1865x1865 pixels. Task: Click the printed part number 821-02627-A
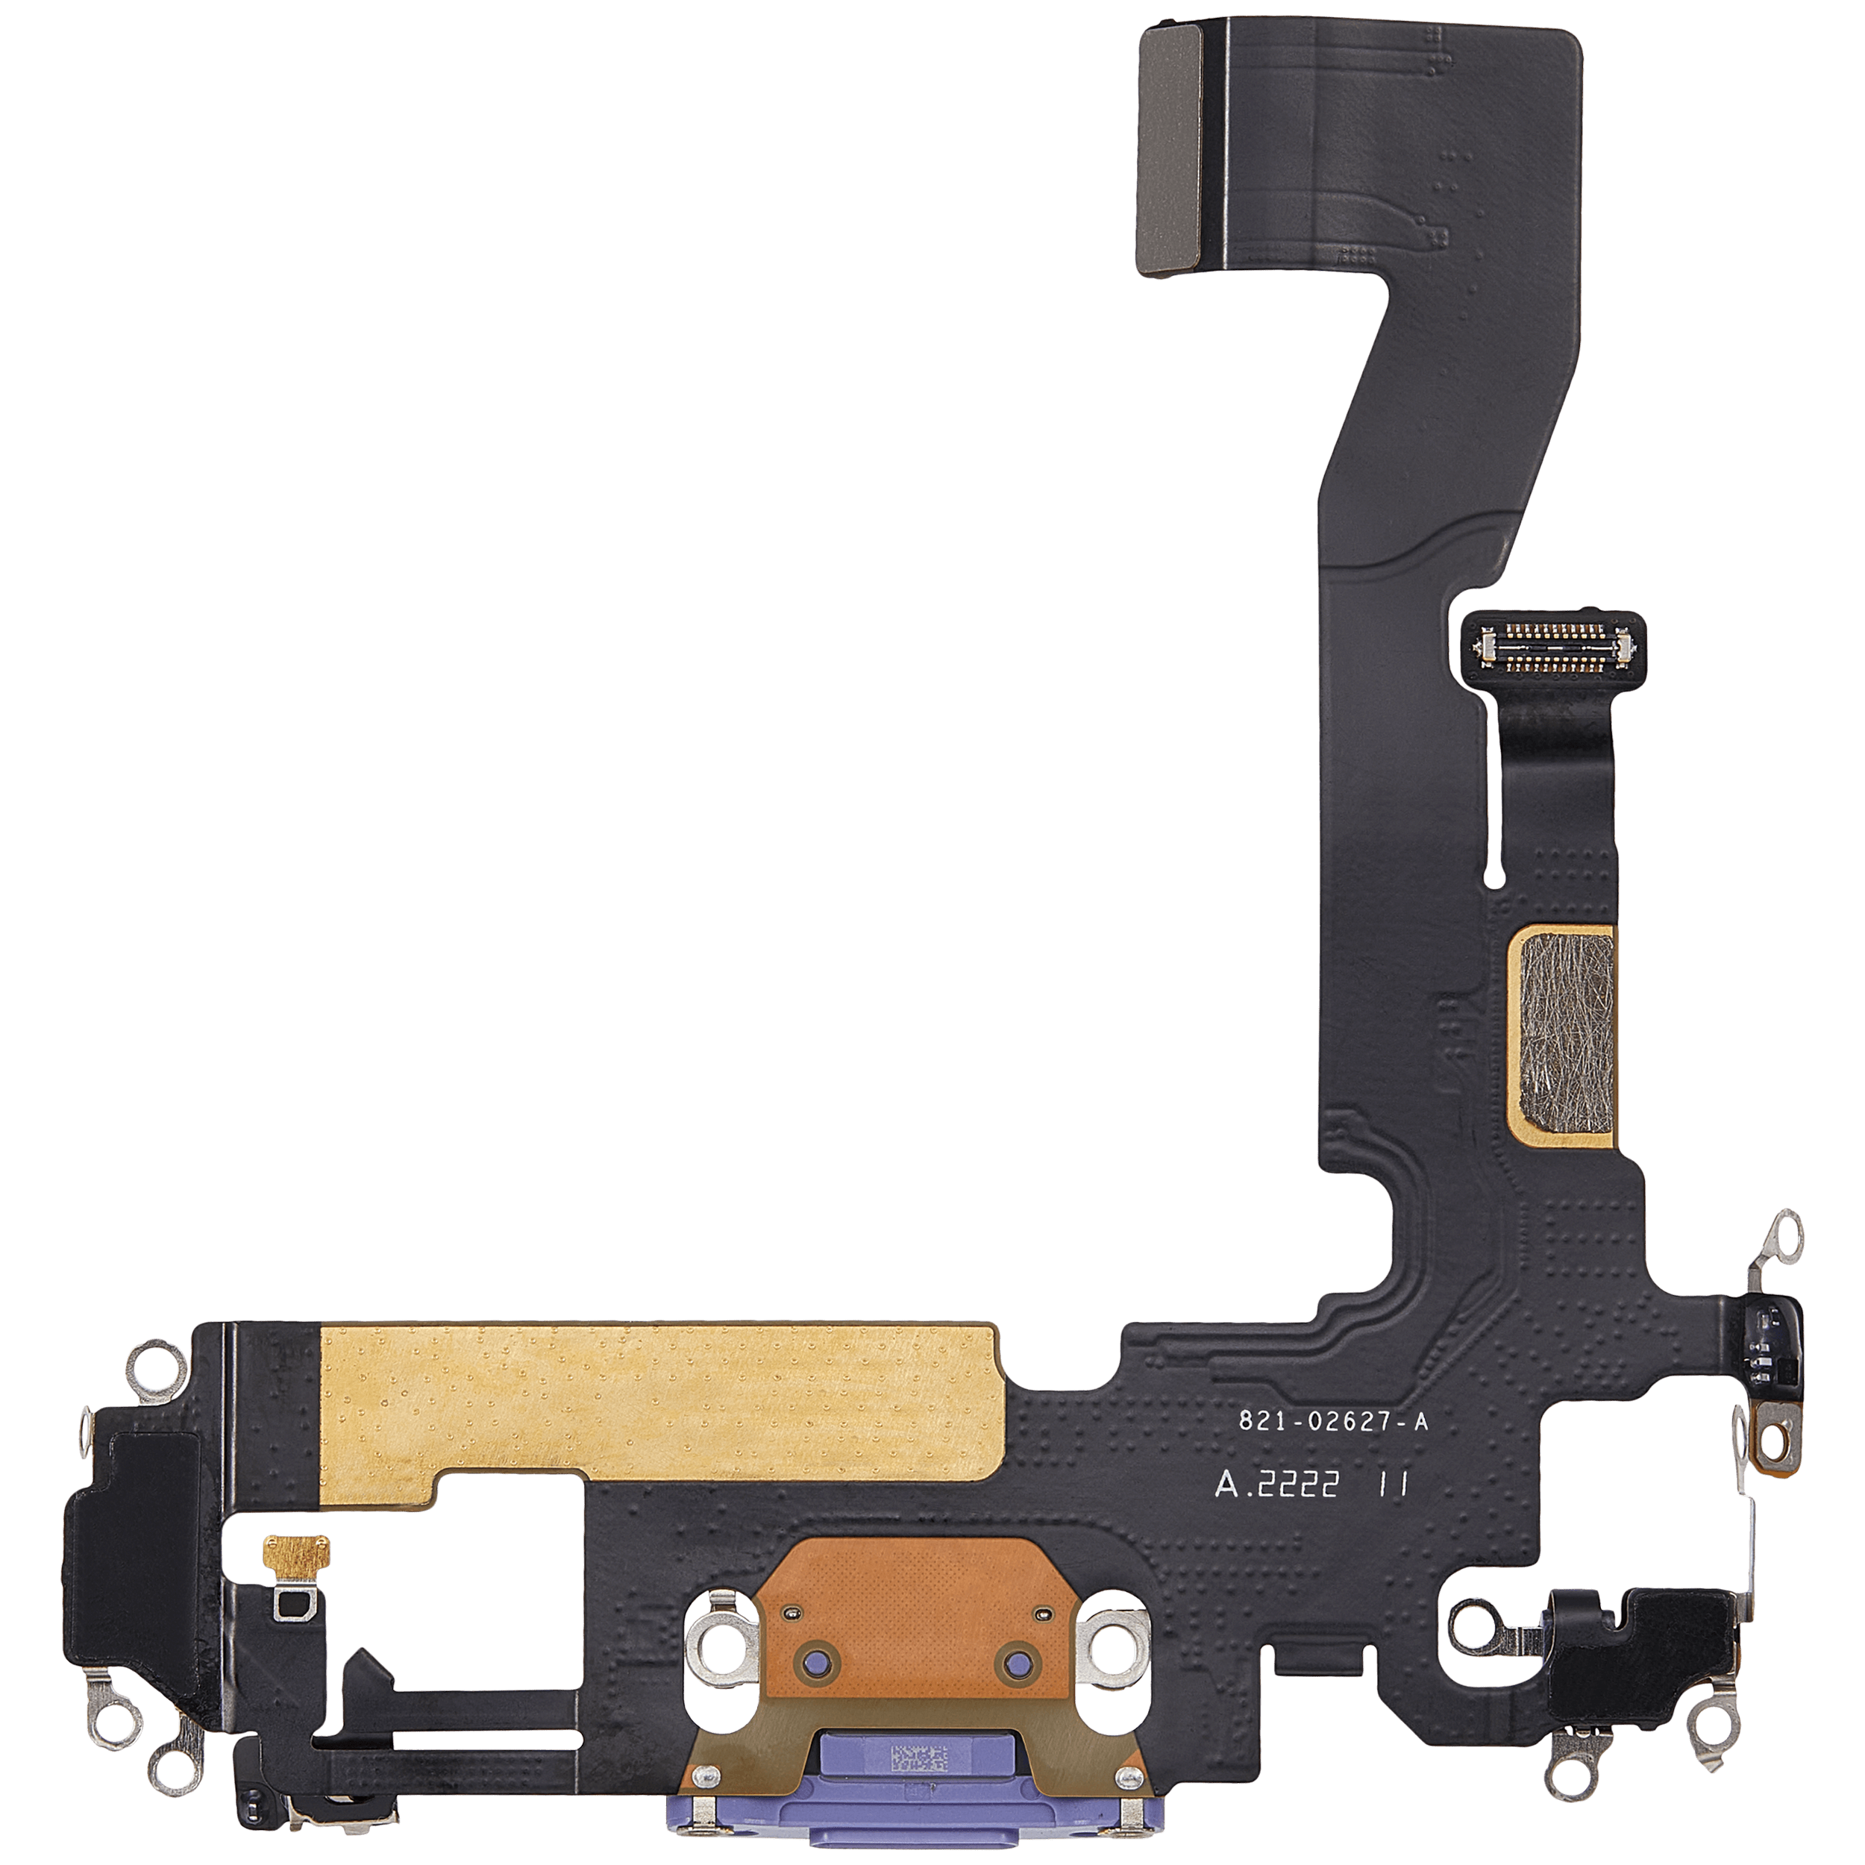1333,1422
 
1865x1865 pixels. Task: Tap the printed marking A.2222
1277,1485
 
